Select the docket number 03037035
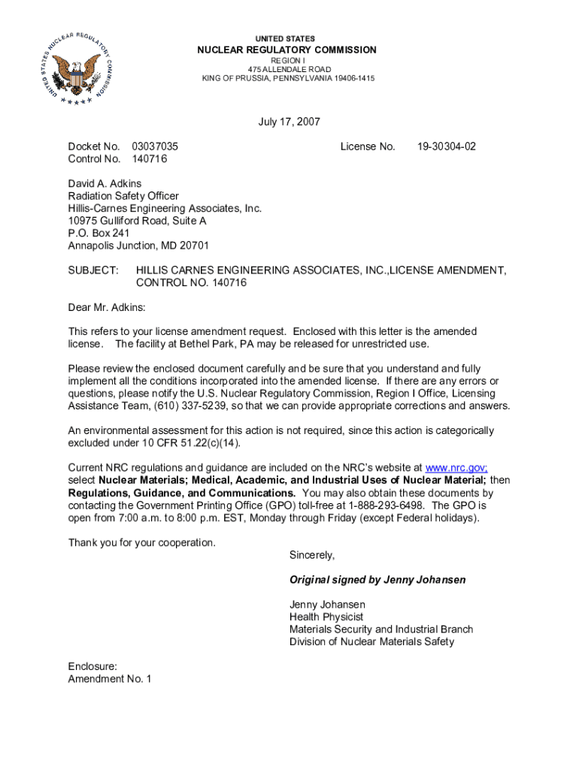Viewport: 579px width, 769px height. (155, 146)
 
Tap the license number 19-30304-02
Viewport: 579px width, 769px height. (447, 146)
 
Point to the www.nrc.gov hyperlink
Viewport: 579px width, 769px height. (456, 467)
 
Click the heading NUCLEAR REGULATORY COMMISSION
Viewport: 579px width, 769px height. (286, 50)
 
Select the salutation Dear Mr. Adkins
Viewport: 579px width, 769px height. (107, 307)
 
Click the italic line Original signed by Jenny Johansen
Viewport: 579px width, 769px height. (377, 580)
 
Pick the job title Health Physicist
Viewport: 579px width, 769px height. (326, 617)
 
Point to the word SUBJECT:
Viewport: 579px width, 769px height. (93, 270)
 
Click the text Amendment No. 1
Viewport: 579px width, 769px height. (110, 679)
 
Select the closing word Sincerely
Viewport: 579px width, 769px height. (311, 555)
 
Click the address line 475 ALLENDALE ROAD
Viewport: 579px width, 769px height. (286, 69)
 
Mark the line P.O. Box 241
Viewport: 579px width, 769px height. (99, 233)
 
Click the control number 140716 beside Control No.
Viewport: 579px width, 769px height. (149, 159)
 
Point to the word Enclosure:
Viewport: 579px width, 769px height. (92, 666)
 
